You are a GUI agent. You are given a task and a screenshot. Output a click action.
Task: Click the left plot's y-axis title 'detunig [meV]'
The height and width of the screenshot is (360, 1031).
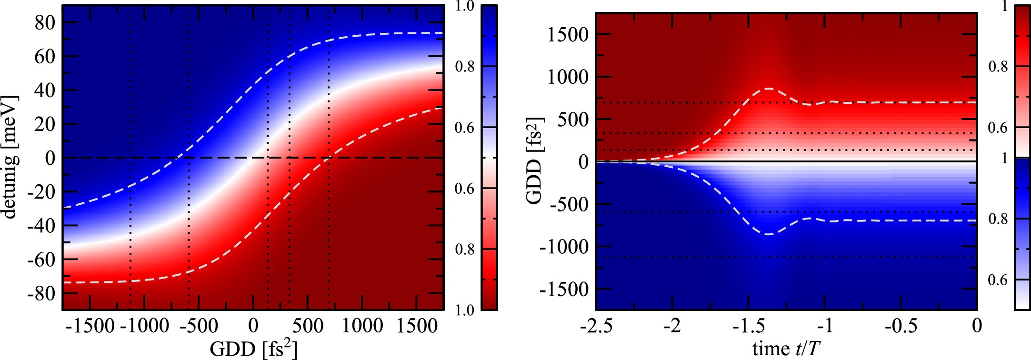[10, 157]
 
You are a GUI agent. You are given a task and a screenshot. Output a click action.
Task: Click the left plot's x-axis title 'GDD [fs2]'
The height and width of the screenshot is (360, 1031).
[253, 349]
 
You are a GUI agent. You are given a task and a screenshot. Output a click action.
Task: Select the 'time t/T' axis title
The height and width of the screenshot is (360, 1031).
[786, 349]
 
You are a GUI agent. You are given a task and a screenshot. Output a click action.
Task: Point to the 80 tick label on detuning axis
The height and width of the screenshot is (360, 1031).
[45, 22]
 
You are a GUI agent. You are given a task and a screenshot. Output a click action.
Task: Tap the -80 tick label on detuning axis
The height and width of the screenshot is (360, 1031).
[42, 293]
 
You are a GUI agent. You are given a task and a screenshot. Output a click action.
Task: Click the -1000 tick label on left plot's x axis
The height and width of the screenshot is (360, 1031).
[145, 326]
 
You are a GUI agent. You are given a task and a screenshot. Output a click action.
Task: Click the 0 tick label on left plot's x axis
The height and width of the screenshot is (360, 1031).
[253, 326]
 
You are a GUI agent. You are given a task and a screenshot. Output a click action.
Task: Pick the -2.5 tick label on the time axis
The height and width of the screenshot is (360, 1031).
[596, 326]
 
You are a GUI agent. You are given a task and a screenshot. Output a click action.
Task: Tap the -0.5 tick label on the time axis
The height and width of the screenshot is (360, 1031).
[901, 326]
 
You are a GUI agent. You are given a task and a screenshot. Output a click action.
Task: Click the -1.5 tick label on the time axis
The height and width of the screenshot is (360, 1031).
[748, 326]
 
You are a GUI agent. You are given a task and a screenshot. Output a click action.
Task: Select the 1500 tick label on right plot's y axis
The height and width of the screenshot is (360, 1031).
[568, 35]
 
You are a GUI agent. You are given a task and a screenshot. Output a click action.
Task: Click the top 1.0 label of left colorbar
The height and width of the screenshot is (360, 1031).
[464, 7]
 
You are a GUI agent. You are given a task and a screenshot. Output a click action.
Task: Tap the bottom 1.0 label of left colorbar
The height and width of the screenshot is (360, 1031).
[464, 310]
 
